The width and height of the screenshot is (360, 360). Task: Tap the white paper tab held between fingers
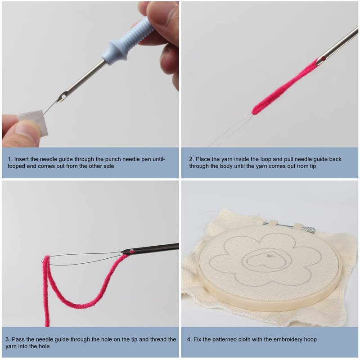pyautogui.click(x=33, y=121)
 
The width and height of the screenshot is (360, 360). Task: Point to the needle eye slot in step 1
pyautogui.click(x=62, y=95)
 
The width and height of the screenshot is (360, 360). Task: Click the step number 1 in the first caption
pyautogui.click(x=9, y=159)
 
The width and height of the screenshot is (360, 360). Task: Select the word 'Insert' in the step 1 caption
pyautogui.click(x=21, y=159)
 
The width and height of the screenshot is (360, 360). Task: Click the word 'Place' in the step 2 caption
pyautogui.click(x=203, y=159)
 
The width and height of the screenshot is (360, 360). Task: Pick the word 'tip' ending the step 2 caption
pyautogui.click(x=312, y=166)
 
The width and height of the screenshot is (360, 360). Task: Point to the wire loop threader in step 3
pyautogui.click(x=83, y=260)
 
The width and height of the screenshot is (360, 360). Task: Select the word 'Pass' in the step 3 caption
pyautogui.click(x=18, y=339)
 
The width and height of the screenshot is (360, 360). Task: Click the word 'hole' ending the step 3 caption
pyautogui.click(x=44, y=346)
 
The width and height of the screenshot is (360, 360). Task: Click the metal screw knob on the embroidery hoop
pyautogui.click(x=308, y=229)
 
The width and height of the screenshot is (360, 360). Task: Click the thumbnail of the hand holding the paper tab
pyautogui.click(x=22, y=130)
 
